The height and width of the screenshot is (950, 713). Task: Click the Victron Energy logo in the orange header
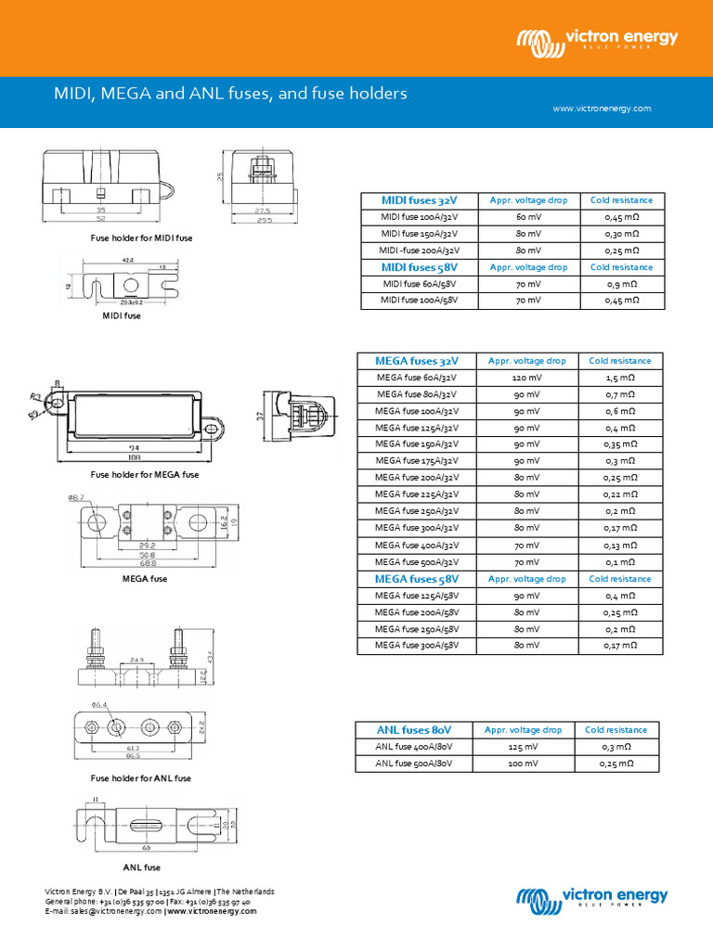click(x=598, y=41)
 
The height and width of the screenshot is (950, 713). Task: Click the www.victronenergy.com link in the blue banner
click(x=602, y=109)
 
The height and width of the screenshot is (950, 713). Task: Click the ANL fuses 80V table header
click(x=414, y=730)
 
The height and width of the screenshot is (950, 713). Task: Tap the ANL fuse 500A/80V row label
click(x=414, y=764)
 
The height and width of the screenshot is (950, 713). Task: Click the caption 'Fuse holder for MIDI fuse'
click(x=142, y=238)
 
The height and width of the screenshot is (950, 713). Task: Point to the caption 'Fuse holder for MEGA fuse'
click(x=145, y=475)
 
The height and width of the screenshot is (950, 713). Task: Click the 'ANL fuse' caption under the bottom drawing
click(x=142, y=868)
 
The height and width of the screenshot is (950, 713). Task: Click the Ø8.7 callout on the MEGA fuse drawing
click(x=76, y=498)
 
